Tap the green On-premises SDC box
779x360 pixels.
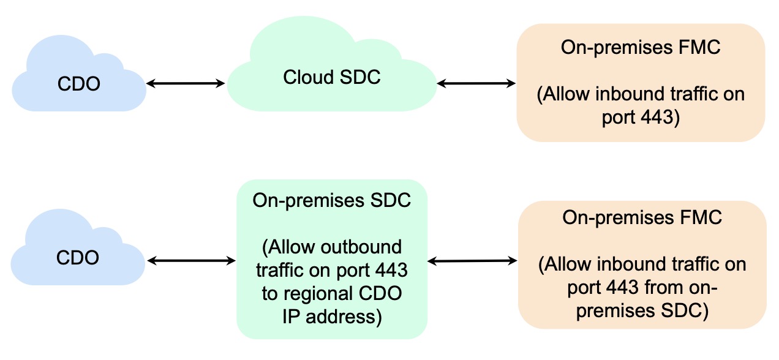(x=331, y=259)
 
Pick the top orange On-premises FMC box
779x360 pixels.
(x=641, y=83)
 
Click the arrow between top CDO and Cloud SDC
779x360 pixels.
(x=186, y=83)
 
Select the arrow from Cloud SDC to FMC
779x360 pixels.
(x=476, y=83)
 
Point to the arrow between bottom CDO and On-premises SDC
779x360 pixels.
(x=191, y=261)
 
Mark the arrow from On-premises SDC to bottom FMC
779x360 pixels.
(x=472, y=261)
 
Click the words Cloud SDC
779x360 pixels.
(x=331, y=77)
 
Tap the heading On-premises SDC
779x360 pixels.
(x=331, y=201)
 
